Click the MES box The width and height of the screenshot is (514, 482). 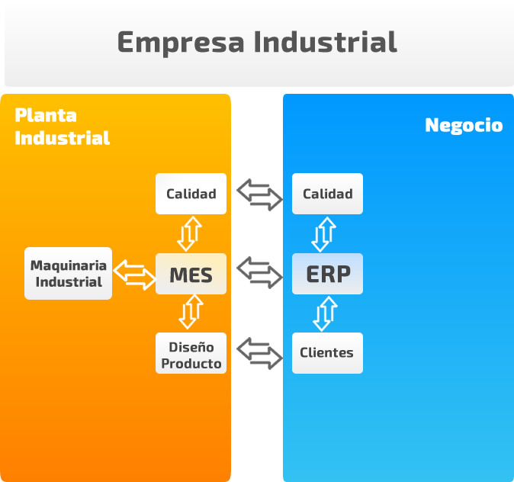coord(191,274)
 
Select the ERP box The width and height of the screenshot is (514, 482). coord(327,274)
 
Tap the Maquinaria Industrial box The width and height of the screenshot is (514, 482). coord(68,273)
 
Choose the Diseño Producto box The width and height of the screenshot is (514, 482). coord(191,354)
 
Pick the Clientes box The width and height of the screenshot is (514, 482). coord(327,353)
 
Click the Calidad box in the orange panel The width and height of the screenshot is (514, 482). coord(191,194)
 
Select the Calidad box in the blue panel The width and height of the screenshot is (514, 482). coord(327,194)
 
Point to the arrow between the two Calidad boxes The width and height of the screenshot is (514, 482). coord(259,194)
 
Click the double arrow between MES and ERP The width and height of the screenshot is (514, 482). coord(259,272)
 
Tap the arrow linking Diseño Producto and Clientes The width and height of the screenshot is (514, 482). coord(259,352)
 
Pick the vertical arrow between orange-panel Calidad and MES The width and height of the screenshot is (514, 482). coord(190,233)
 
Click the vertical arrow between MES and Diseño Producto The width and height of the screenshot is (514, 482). coord(190,312)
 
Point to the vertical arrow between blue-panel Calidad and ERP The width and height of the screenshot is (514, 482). coord(326,234)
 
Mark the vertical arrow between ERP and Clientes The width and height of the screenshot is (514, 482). coord(326,313)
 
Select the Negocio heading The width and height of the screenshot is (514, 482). coord(464,126)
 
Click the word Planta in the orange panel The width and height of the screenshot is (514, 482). coord(46,115)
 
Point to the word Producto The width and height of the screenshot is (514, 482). coord(191,363)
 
